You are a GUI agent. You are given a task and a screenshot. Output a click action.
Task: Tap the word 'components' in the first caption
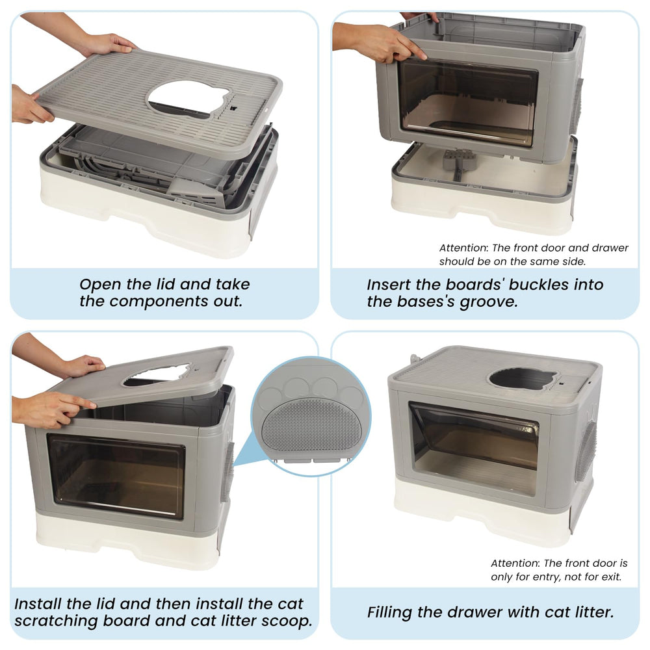[162, 302]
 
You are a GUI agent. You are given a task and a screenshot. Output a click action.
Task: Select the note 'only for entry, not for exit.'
[556, 577]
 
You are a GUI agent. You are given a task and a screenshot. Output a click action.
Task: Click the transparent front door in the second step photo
[467, 101]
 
